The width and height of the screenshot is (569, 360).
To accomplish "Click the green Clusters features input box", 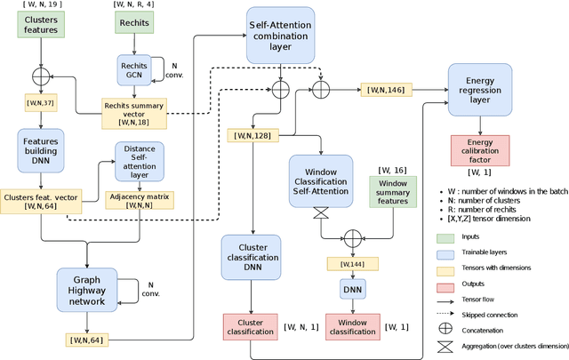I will pyautogui.click(x=41, y=23).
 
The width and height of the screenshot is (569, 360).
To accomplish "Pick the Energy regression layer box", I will pyautogui.click(x=480, y=89).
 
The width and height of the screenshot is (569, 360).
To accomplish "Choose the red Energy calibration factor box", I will pyautogui.click(x=480, y=149).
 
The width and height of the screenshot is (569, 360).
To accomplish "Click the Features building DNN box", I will pyautogui.click(x=41, y=152).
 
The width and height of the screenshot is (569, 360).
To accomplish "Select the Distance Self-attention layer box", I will pyautogui.click(x=139, y=161).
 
